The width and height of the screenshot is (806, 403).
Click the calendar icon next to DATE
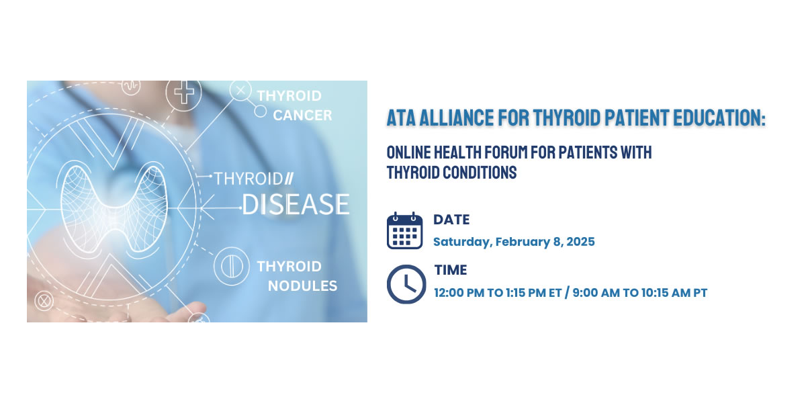click(x=404, y=230)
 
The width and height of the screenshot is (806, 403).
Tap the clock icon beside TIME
click(x=406, y=284)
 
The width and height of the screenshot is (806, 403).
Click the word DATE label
click(x=451, y=220)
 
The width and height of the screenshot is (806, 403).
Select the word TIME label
click(x=451, y=270)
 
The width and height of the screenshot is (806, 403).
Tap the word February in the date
click(x=523, y=242)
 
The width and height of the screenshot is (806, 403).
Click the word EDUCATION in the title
click(x=719, y=118)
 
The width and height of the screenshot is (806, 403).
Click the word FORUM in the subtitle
click(x=506, y=152)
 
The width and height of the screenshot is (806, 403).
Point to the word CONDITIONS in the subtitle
click(x=480, y=173)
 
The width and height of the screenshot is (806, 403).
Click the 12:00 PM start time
click(x=459, y=293)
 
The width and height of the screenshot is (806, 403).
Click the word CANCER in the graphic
click(x=302, y=116)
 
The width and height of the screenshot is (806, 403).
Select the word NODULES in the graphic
click(x=303, y=286)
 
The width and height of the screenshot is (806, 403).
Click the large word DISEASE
click(x=296, y=204)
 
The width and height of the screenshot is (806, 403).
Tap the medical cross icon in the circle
click(x=183, y=93)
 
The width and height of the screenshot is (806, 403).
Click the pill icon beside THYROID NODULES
click(x=231, y=266)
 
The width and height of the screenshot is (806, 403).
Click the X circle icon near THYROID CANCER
click(x=240, y=90)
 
